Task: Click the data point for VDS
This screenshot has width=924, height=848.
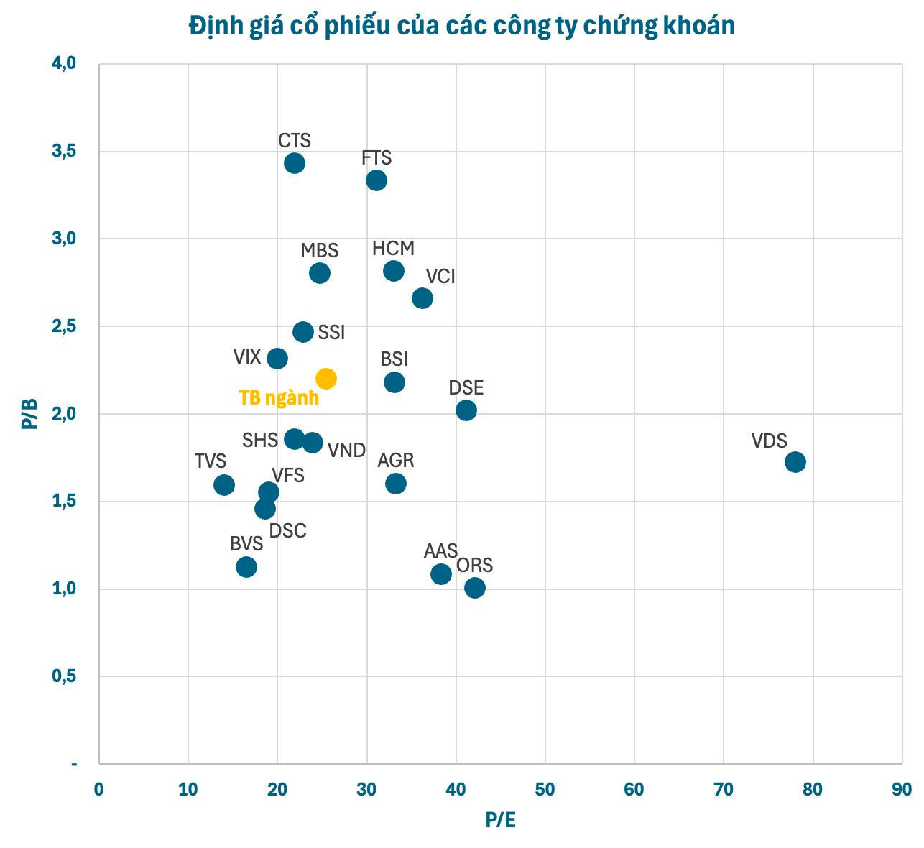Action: pos(795,461)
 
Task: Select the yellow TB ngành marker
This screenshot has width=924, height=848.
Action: pos(325,379)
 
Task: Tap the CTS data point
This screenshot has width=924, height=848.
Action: pos(294,163)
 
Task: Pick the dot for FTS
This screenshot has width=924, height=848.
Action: pos(376,180)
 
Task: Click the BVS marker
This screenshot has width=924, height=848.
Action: pos(246,567)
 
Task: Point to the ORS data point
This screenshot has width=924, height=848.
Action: pos(474,588)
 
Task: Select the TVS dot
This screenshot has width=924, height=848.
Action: pos(223,485)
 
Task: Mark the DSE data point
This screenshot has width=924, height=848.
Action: pos(466,410)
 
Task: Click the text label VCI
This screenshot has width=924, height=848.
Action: pos(440,277)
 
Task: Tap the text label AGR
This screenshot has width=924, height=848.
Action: pos(396,460)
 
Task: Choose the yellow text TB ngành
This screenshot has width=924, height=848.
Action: pos(279,398)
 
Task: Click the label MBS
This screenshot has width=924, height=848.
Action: pos(319,251)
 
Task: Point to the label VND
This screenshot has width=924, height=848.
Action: pos(346,451)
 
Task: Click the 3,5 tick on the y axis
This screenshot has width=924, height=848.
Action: pos(64,152)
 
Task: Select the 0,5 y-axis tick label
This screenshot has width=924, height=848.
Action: pos(64,676)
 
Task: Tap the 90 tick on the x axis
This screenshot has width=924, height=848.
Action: pos(901,789)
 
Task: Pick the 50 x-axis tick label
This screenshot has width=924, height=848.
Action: pos(545,789)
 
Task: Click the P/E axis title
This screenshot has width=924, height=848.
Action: pos(500,820)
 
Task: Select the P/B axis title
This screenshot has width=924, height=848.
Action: pos(29,414)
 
